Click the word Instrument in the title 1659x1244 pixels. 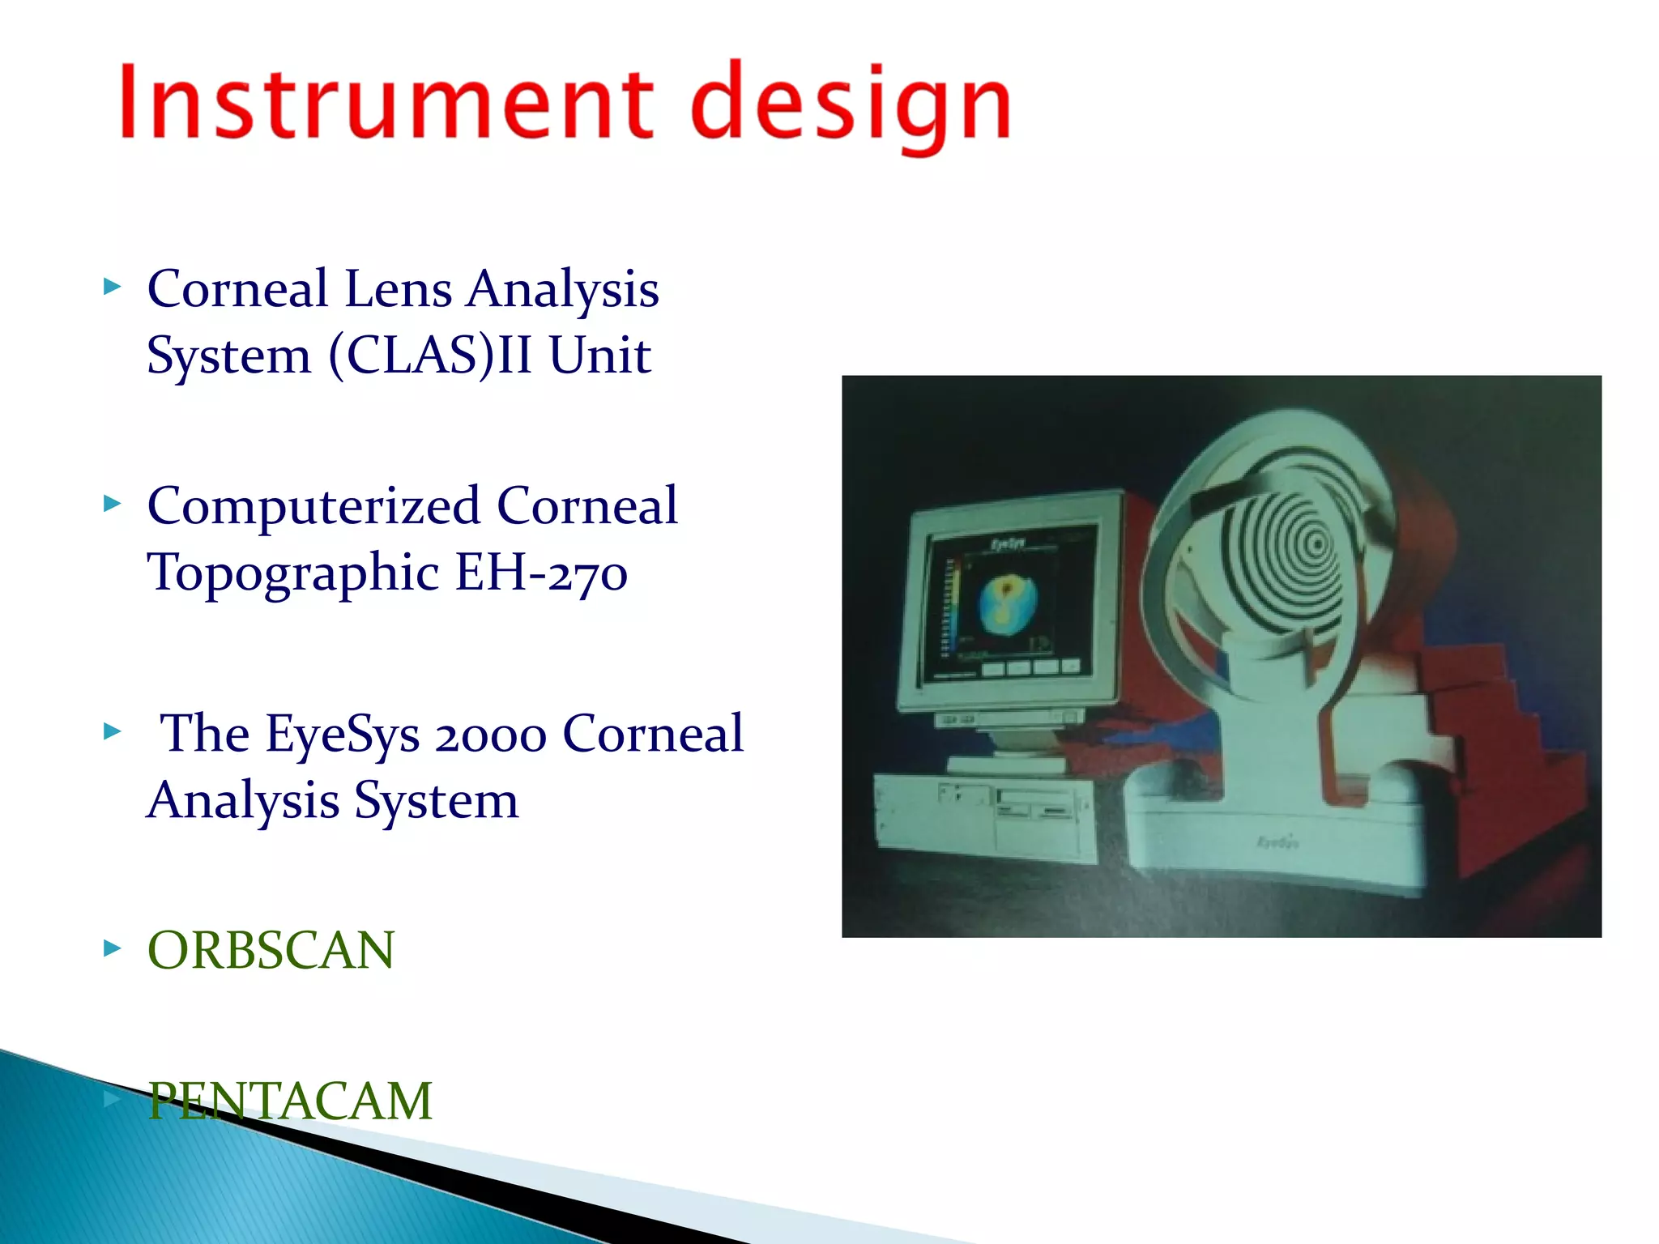(386, 104)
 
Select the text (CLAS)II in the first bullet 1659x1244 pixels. (430, 356)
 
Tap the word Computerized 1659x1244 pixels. (314, 507)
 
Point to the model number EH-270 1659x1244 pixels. (540, 573)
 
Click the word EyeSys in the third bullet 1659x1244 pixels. (343, 735)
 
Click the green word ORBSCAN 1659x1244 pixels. (271, 950)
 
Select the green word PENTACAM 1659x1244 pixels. (290, 1101)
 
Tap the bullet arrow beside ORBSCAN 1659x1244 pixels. (112, 948)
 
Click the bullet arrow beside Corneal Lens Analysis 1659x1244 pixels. (112, 287)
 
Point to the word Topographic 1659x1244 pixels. (293, 573)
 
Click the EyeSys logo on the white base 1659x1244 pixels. (1277, 843)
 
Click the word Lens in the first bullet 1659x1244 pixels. (398, 289)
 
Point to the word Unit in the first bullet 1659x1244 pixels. (599, 356)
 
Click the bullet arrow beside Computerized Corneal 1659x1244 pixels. (112, 505)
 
